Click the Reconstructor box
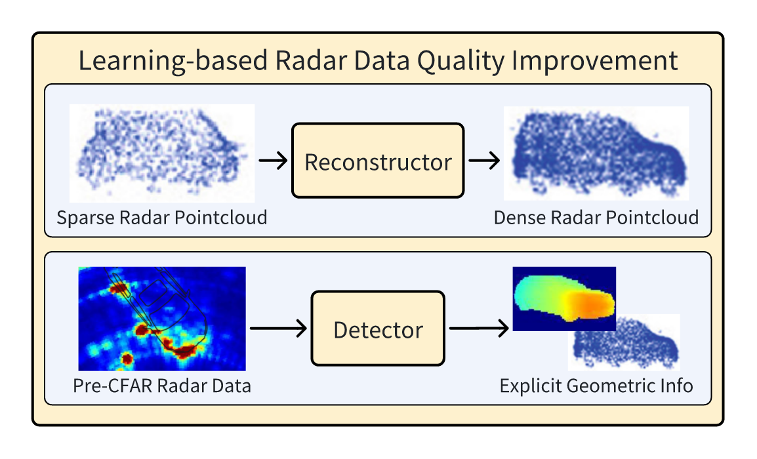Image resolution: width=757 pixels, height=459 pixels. click(x=378, y=161)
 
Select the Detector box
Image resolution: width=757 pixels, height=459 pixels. click(x=378, y=329)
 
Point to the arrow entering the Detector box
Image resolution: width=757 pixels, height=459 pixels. click(x=278, y=329)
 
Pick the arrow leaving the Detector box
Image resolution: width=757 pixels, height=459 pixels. click(x=478, y=329)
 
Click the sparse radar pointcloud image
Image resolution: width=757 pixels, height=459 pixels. click(x=161, y=153)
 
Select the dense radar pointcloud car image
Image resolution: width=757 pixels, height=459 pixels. click(x=596, y=153)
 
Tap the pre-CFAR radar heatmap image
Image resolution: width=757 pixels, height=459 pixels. click(x=161, y=319)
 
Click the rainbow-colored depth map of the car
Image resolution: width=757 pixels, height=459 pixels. click(x=564, y=298)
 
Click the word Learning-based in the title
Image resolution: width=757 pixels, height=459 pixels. click(x=173, y=61)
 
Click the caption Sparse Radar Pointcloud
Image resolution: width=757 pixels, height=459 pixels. click(x=161, y=217)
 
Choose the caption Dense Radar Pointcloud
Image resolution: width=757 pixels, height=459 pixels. click(x=596, y=217)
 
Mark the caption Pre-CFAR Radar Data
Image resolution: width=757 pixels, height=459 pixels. click(x=161, y=386)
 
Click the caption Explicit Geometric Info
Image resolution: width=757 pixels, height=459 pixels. click(x=596, y=386)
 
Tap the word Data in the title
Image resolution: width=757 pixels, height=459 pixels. click(x=382, y=61)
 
